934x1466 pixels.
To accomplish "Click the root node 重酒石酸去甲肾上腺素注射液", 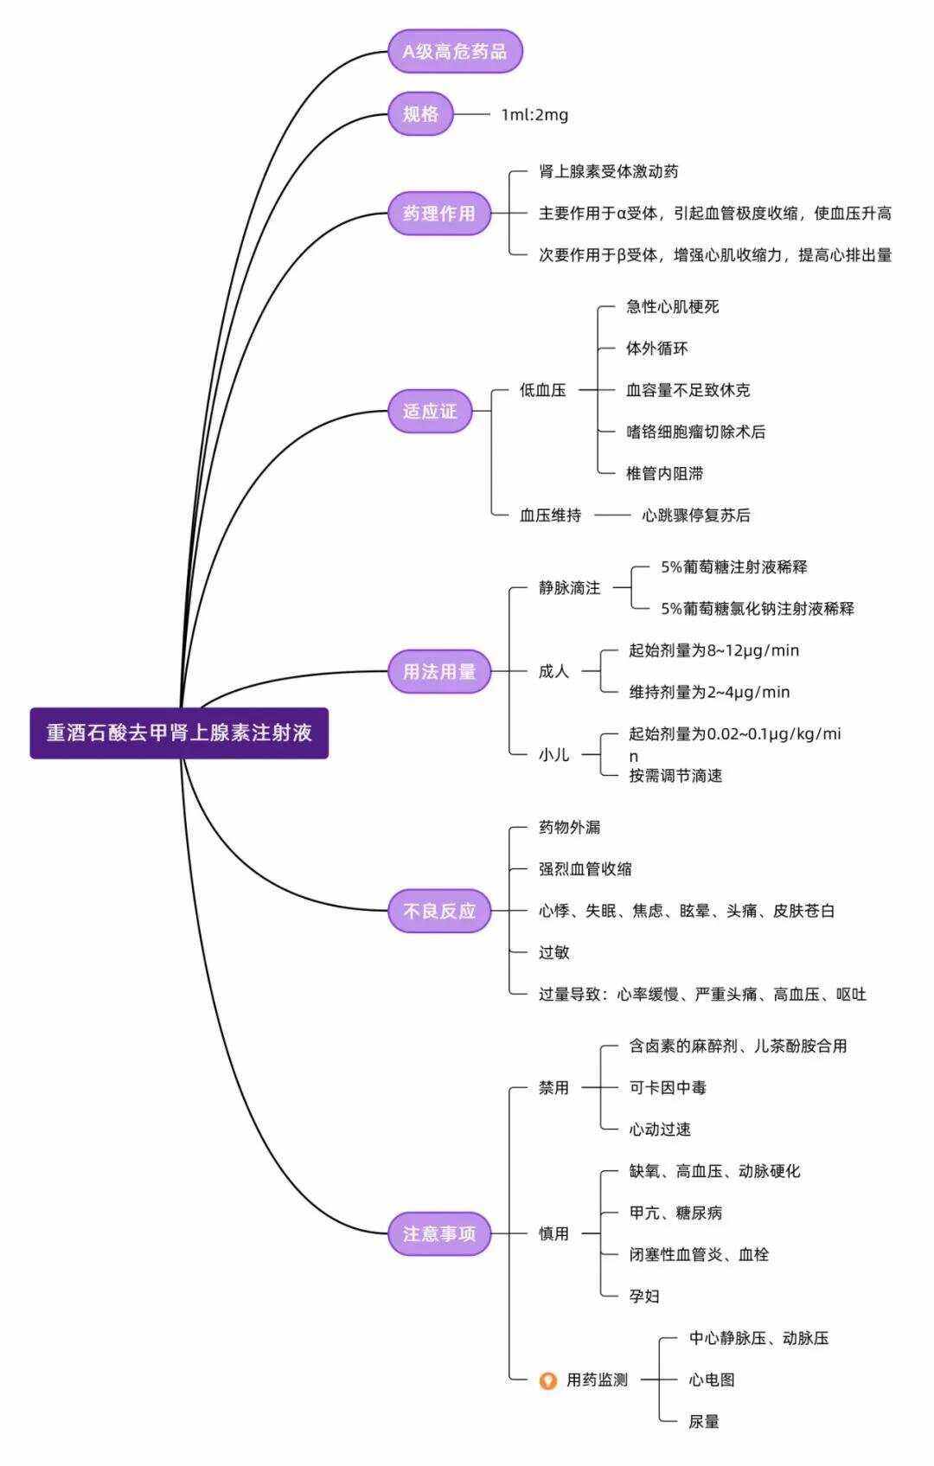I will pyautogui.click(x=179, y=733).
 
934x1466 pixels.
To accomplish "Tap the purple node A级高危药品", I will pyautogui.click(x=455, y=51).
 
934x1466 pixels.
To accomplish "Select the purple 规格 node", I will pyautogui.click(x=420, y=113).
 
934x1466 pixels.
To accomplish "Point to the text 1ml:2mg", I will pyautogui.click(x=534, y=114).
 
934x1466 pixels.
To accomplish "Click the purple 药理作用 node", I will pyautogui.click(x=438, y=214).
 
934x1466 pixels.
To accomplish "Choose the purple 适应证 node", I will pyautogui.click(x=429, y=411).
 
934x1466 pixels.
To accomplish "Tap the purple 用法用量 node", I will pyautogui.click(x=438, y=671).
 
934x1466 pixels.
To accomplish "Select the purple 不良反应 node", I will pyautogui.click(x=438, y=911).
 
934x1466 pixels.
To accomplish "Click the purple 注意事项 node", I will pyautogui.click(x=438, y=1233).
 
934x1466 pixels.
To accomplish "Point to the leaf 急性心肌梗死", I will pyautogui.click(x=672, y=307).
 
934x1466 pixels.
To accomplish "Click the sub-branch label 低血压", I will pyautogui.click(x=542, y=390).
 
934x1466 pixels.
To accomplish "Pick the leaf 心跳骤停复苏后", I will pyautogui.click(x=695, y=515).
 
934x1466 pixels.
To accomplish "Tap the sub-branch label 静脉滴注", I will pyautogui.click(x=569, y=588).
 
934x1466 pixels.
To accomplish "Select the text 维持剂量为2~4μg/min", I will pyautogui.click(x=709, y=692).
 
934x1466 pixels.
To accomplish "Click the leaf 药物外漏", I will pyautogui.click(x=569, y=828).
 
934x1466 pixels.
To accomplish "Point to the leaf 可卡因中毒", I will pyautogui.click(x=667, y=1088).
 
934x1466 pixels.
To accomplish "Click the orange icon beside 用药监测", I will pyautogui.click(x=547, y=1380).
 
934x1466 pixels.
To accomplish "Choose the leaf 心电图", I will pyautogui.click(x=711, y=1380).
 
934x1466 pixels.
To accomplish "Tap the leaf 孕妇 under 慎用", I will pyautogui.click(x=644, y=1296).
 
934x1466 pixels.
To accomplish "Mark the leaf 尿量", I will pyautogui.click(x=703, y=1421).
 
